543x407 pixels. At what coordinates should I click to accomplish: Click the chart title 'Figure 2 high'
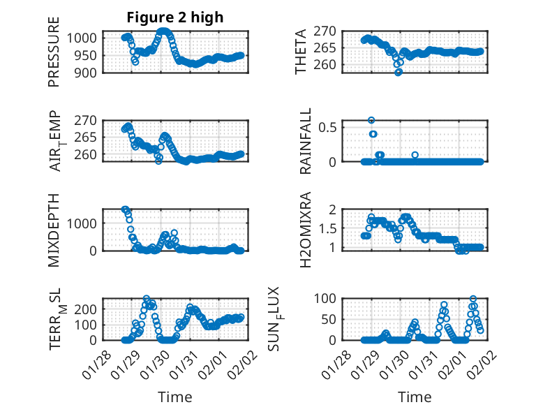tap(174, 17)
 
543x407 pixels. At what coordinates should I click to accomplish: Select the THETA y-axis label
tap(301, 52)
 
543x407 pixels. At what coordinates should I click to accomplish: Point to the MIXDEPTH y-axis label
tap(54, 229)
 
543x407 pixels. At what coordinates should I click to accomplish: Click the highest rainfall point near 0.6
tap(371, 120)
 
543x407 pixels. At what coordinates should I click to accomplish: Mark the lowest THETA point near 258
tap(398, 72)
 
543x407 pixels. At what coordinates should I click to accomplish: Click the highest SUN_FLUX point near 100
tap(473, 299)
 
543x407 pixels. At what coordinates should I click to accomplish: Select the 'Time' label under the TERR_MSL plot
tap(174, 397)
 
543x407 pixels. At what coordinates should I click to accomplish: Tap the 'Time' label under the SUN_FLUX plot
tap(415, 397)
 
